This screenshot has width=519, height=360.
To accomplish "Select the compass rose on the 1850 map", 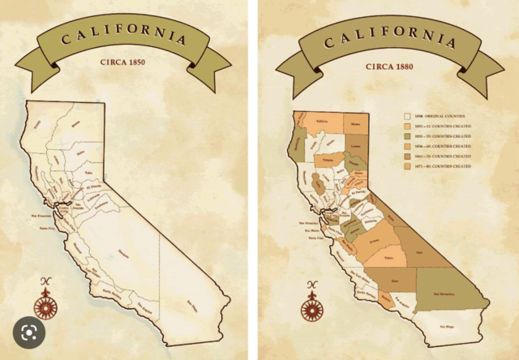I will (x=46, y=302).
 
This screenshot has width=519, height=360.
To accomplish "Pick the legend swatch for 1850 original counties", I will (x=407, y=117).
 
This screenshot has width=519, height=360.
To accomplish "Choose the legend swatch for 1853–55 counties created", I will (x=407, y=136).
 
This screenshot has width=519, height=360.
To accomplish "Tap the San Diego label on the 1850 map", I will (x=192, y=304).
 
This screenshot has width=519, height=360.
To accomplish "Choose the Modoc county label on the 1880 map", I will (x=356, y=124).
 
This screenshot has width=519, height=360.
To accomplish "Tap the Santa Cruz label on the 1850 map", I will (x=46, y=229).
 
